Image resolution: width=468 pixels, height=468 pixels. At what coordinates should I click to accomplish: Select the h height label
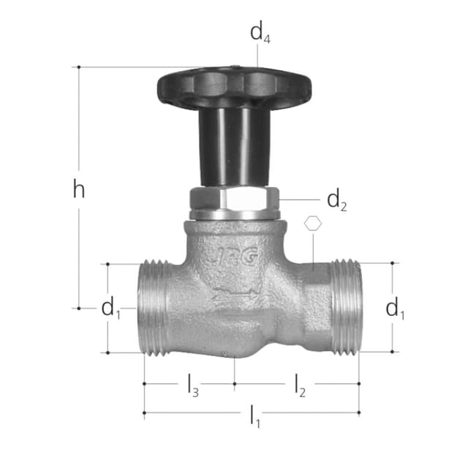coord(79,189)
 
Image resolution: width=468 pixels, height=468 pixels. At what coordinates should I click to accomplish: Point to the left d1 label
coord(110,308)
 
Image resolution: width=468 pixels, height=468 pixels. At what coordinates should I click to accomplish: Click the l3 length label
coord(193,385)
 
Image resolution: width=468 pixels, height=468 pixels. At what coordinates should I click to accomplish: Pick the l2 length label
coord(300,385)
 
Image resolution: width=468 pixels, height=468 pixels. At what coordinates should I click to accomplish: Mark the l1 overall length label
coord(255,416)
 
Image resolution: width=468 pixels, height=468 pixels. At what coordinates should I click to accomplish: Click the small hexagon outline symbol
coord(313,223)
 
